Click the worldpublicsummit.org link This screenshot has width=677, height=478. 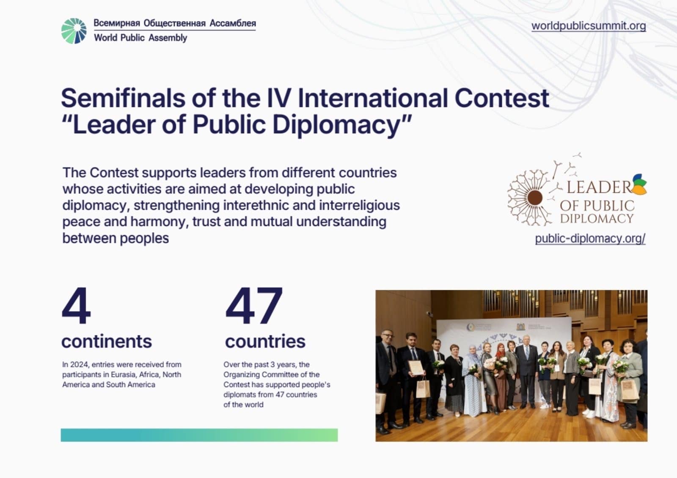pyautogui.click(x=589, y=26)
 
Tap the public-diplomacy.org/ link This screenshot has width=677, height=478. pyautogui.click(x=590, y=239)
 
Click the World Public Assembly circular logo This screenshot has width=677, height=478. pyautogui.click(x=74, y=31)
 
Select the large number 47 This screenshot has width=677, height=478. pyautogui.click(x=254, y=305)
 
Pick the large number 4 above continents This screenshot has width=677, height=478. pyautogui.click(x=76, y=305)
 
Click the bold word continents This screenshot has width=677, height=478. pyautogui.click(x=106, y=341)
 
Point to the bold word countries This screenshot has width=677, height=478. pyautogui.click(x=265, y=341)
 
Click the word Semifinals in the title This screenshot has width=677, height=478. pyautogui.click(x=123, y=98)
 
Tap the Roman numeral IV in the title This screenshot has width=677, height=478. pyautogui.click(x=279, y=98)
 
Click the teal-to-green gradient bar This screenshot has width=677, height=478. pyautogui.click(x=199, y=435)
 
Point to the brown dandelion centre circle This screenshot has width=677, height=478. pyautogui.click(x=535, y=198)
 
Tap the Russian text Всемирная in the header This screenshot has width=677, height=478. pyautogui.click(x=117, y=23)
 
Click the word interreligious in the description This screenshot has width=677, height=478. pyautogui.click(x=359, y=206)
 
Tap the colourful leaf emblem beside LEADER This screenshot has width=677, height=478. pyautogui.click(x=639, y=184)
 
